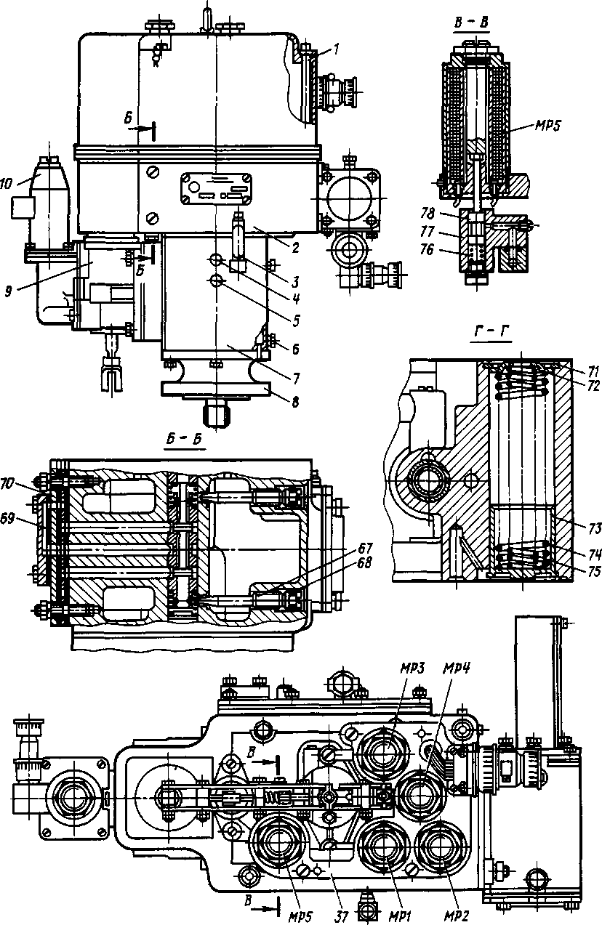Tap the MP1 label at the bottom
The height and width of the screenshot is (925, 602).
pos(398,907)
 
